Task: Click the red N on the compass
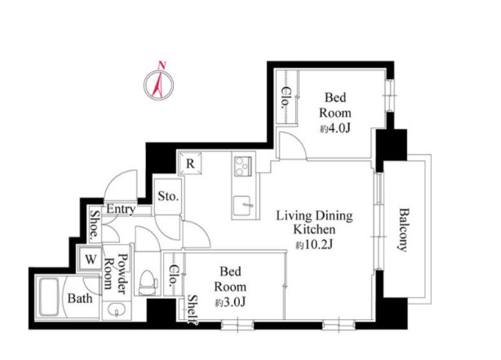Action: click(x=162, y=65)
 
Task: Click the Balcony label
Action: click(x=404, y=230)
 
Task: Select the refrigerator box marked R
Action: click(x=190, y=164)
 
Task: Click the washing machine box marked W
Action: click(x=91, y=259)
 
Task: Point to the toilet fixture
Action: click(x=148, y=283)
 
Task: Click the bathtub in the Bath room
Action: click(x=49, y=297)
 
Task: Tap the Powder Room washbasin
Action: click(x=117, y=310)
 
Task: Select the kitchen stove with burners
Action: click(x=243, y=167)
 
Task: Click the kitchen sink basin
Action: click(x=243, y=206)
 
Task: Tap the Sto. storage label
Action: click(x=168, y=196)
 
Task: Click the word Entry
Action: click(x=121, y=210)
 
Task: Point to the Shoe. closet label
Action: click(x=95, y=224)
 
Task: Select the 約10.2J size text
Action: click(x=315, y=245)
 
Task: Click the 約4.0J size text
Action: click(x=335, y=128)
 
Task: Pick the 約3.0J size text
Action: click(x=230, y=302)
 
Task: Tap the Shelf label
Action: click(x=193, y=309)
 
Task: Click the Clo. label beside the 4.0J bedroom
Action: click(x=286, y=97)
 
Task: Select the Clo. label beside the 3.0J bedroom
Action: click(x=174, y=275)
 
